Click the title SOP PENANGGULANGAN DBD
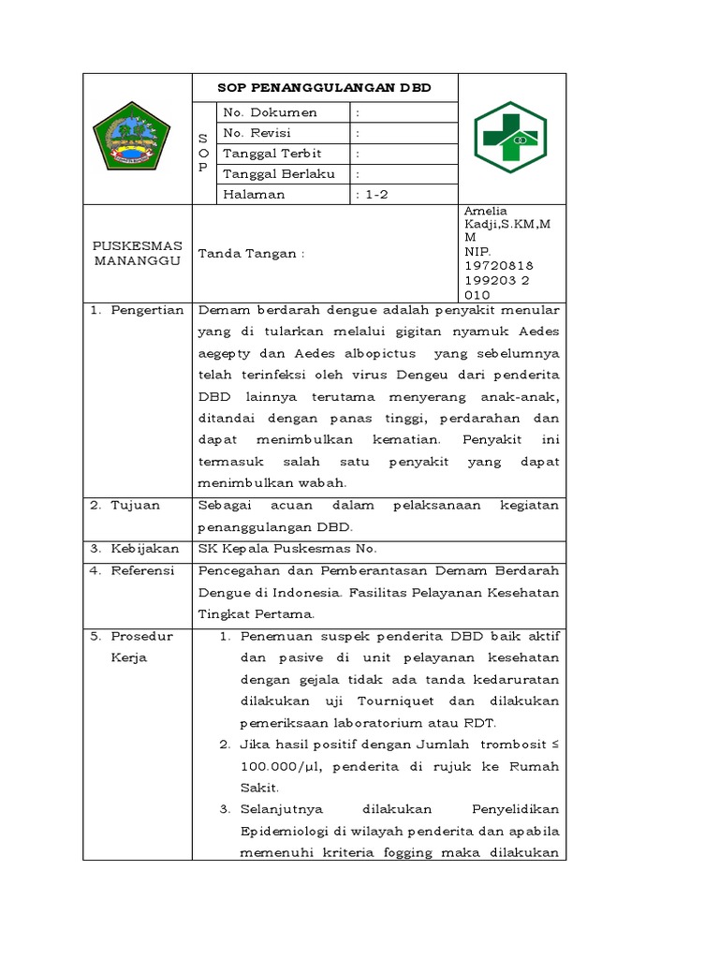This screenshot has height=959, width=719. coord(324,87)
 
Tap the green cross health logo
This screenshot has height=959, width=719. coord(511,138)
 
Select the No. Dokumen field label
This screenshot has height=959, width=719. coord(270,112)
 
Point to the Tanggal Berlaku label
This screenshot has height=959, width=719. coord(278,174)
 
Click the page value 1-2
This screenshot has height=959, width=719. coord(374,195)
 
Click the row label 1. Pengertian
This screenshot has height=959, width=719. coord(137,310)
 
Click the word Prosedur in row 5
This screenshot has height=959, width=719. coord(142,636)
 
